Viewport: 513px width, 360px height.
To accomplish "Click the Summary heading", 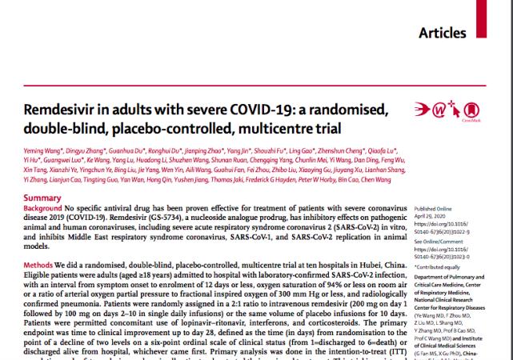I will [45, 198].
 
